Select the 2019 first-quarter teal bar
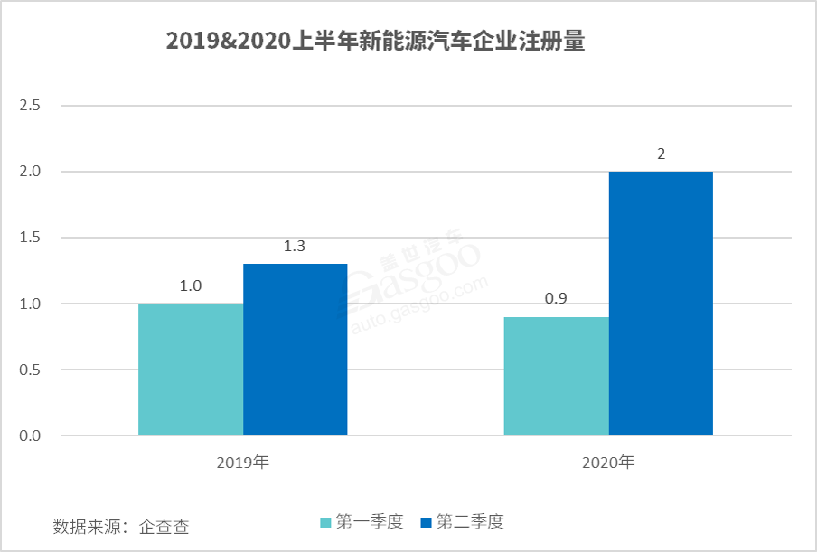(191, 370)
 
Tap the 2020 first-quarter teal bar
(556, 377)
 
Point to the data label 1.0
(191, 286)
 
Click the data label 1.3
(296, 247)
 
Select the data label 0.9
(556, 300)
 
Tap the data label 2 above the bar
(661, 154)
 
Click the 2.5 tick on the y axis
(31, 106)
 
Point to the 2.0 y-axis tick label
(31, 172)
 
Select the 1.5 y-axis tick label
(31, 238)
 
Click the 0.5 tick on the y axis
(31, 370)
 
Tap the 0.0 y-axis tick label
(31, 436)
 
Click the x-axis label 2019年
(243, 463)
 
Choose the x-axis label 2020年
(608, 463)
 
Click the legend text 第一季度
(368, 522)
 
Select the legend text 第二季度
(469, 522)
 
